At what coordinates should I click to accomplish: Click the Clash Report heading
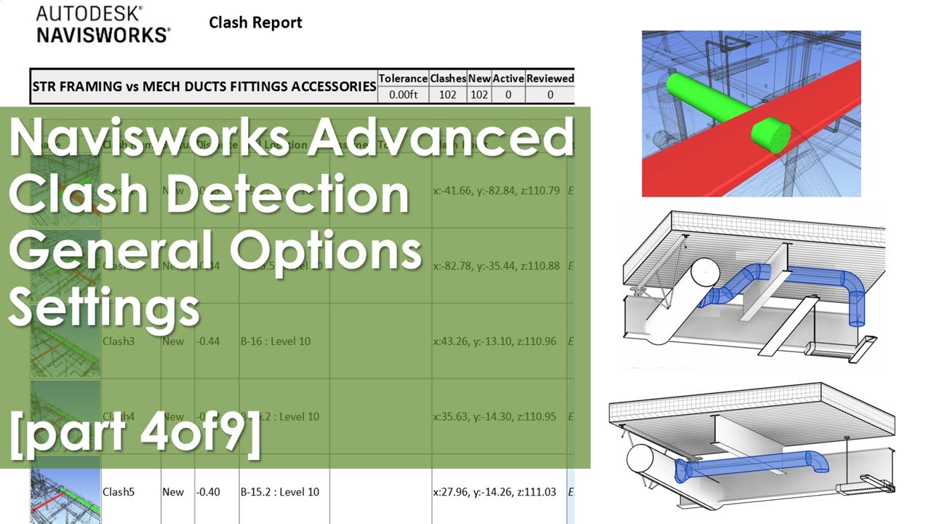click(x=255, y=23)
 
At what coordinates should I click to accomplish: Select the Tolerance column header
click(x=403, y=78)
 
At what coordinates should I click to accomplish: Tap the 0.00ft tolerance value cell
click(x=403, y=94)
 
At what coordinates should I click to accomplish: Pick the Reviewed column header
click(x=550, y=78)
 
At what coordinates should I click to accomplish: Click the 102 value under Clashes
click(x=448, y=94)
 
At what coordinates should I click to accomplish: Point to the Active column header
click(x=508, y=78)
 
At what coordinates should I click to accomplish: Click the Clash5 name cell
click(x=119, y=492)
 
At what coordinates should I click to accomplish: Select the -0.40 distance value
click(x=208, y=492)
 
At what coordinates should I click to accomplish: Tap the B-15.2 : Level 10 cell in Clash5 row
click(x=280, y=492)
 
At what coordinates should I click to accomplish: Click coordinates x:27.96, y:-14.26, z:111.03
click(x=495, y=492)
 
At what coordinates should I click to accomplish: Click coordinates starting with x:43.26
click(x=495, y=341)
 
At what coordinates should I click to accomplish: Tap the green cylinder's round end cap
click(x=771, y=135)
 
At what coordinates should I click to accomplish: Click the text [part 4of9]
click(x=135, y=434)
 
